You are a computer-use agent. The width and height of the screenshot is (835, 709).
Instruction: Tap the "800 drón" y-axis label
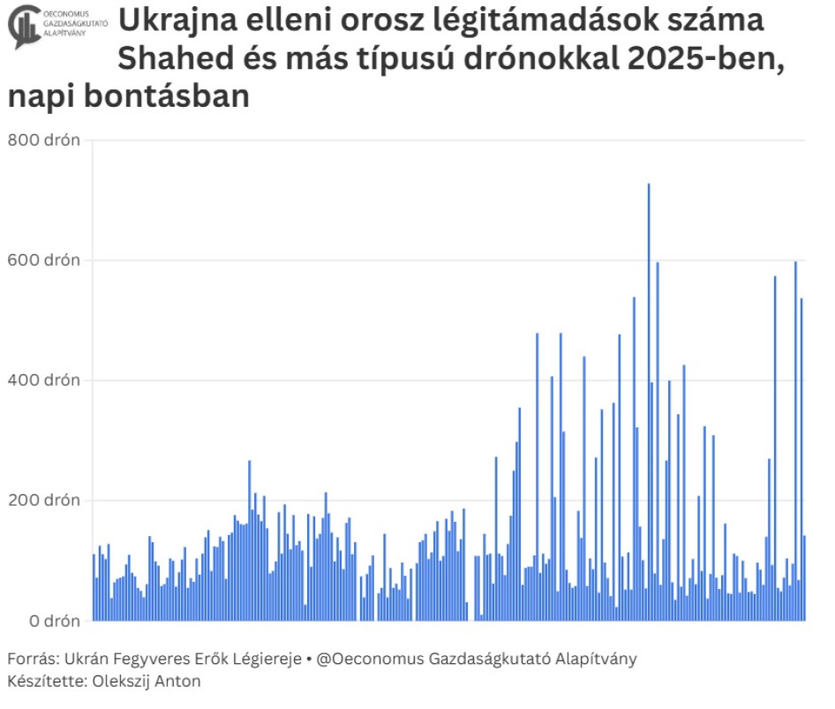click(44, 140)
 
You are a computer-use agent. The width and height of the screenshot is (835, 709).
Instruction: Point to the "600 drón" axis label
click(44, 260)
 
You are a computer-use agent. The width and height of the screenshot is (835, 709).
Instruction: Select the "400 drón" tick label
click(44, 381)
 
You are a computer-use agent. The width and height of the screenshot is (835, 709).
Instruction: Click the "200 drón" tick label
click(44, 501)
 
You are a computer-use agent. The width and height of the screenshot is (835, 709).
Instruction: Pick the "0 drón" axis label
click(52, 621)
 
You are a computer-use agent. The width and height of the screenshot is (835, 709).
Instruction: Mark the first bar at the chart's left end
click(94, 587)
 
